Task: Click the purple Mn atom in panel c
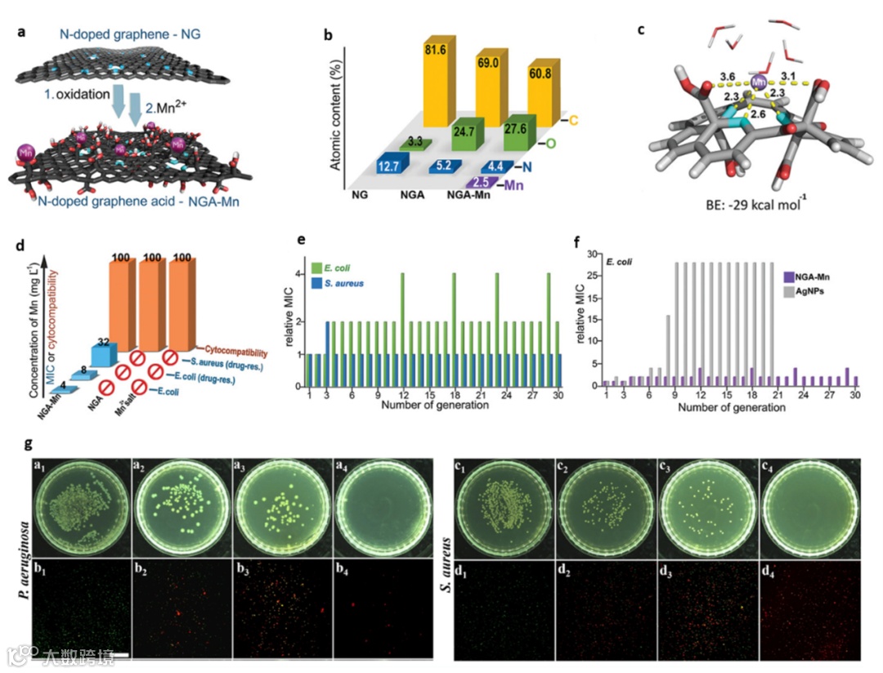[x=760, y=82]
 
